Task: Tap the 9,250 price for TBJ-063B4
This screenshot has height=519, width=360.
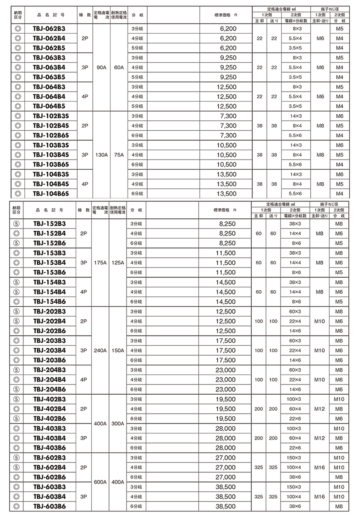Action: (228, 68)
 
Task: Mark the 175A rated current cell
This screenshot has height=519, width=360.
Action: (100, 263)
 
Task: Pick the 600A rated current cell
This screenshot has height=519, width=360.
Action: (100, 482)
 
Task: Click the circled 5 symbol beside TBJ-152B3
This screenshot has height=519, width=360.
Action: (17, 224)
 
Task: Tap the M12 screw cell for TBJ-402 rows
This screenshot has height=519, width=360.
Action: (320, 409)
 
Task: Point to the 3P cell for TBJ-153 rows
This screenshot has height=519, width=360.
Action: (84, 263)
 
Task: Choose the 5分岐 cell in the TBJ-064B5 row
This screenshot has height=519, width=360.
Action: (137, 106)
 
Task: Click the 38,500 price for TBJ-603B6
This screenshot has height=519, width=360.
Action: (226, 506)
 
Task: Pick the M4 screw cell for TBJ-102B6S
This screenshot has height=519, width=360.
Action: (340, 136)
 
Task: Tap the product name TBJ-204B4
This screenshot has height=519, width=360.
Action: (50, 379)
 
